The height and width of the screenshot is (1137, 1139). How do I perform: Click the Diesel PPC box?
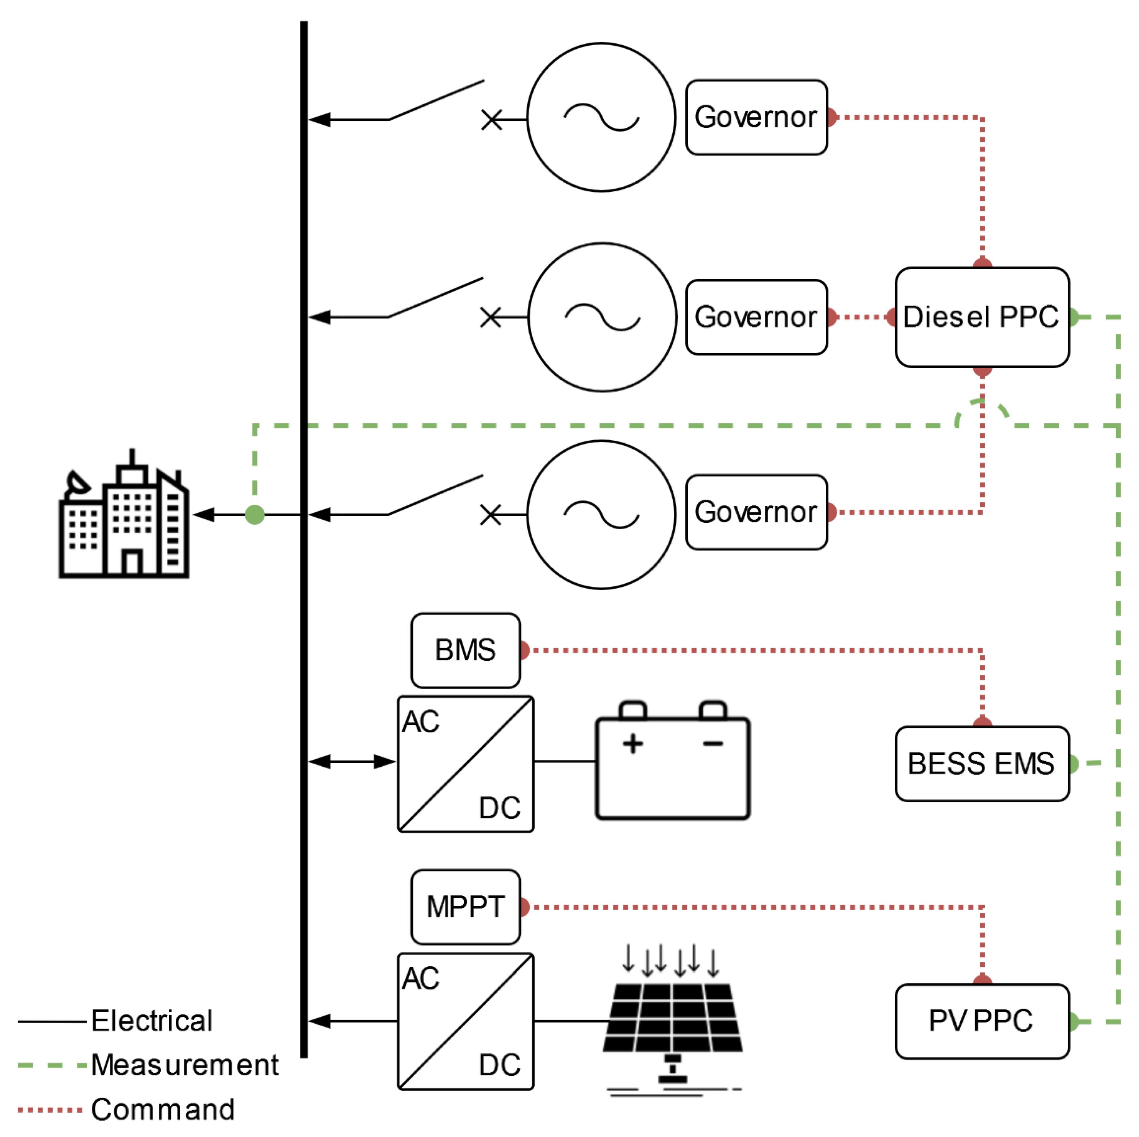tap(982, 317)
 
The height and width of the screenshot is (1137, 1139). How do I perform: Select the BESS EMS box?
tap(982, 764)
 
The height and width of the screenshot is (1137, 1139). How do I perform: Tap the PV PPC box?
tap(982, 1021)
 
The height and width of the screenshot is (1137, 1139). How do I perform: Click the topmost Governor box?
tap(756, 117)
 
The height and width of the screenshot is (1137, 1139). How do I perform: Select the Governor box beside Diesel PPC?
tap(756, 317)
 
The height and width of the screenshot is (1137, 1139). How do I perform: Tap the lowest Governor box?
tap(756, 512)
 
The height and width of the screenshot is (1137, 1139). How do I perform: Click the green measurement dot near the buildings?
tap(255, 515)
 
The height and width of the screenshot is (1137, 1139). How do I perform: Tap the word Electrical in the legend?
tap(152, 1021)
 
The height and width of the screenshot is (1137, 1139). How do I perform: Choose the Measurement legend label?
tap(185, 1065)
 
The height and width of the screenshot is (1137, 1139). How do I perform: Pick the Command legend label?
tap(163, 1109)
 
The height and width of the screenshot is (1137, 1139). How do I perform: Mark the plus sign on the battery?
tap(633, 744)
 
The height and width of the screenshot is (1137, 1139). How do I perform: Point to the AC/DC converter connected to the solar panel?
tap(466, 1021)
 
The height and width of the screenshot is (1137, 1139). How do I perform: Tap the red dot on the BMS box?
tap(524, 650)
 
